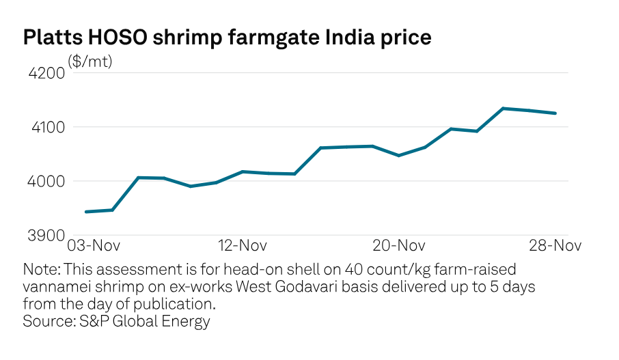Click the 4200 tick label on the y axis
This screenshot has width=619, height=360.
(x=45, y=72)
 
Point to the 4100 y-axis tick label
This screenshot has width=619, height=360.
(x=45, y=127)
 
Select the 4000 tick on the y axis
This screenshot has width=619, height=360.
(x=45, y=181)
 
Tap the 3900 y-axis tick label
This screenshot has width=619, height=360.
(x=45, y=235)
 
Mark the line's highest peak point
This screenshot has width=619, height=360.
(x=503, y=108)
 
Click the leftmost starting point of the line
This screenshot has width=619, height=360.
(x=85, y=212)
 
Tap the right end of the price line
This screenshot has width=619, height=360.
(x=555, y=113)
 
